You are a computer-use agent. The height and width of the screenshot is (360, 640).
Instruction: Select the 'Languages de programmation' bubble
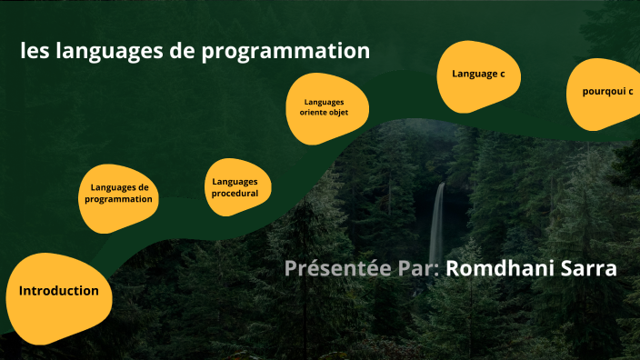pos(118,193)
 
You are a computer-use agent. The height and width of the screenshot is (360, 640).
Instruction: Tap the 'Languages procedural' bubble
pos(235,187)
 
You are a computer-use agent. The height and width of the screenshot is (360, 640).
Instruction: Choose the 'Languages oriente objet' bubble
pos(325,107)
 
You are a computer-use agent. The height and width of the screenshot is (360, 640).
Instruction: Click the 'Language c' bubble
pos(478,73)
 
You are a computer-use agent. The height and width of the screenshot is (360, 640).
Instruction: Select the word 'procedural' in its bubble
pos(235,194)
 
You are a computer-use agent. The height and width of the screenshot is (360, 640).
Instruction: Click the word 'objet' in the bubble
pos(338,113)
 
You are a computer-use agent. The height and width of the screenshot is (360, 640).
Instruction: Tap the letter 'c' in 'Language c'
pos(503,73)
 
